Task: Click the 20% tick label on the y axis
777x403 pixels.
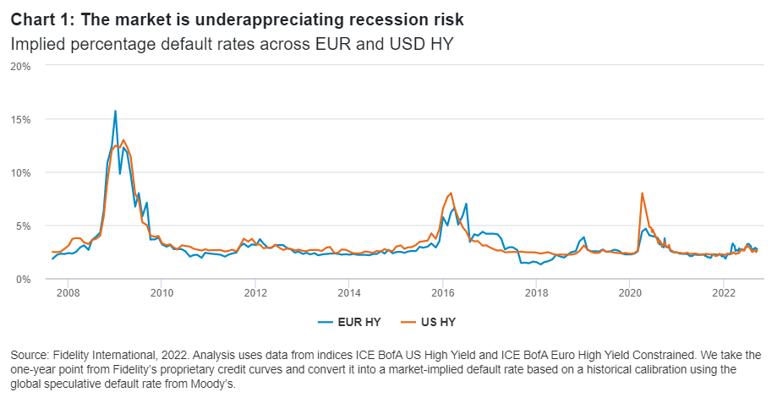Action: [20, 66]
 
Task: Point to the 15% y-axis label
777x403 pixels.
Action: [20, 119]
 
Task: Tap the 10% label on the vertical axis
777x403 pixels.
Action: [20, 172]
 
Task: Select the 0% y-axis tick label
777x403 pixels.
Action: [24, 279]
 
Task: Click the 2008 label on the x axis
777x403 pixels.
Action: [68, 293]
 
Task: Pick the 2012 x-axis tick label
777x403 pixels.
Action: [255, 293]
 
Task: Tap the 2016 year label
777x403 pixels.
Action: [442, 293]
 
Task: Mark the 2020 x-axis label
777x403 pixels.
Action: [630, 293]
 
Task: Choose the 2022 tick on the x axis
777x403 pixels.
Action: [723, 293]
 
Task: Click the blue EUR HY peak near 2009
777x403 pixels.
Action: [115, 112]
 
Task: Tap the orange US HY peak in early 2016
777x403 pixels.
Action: [451, 193]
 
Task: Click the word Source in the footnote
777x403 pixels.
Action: [30, 355]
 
